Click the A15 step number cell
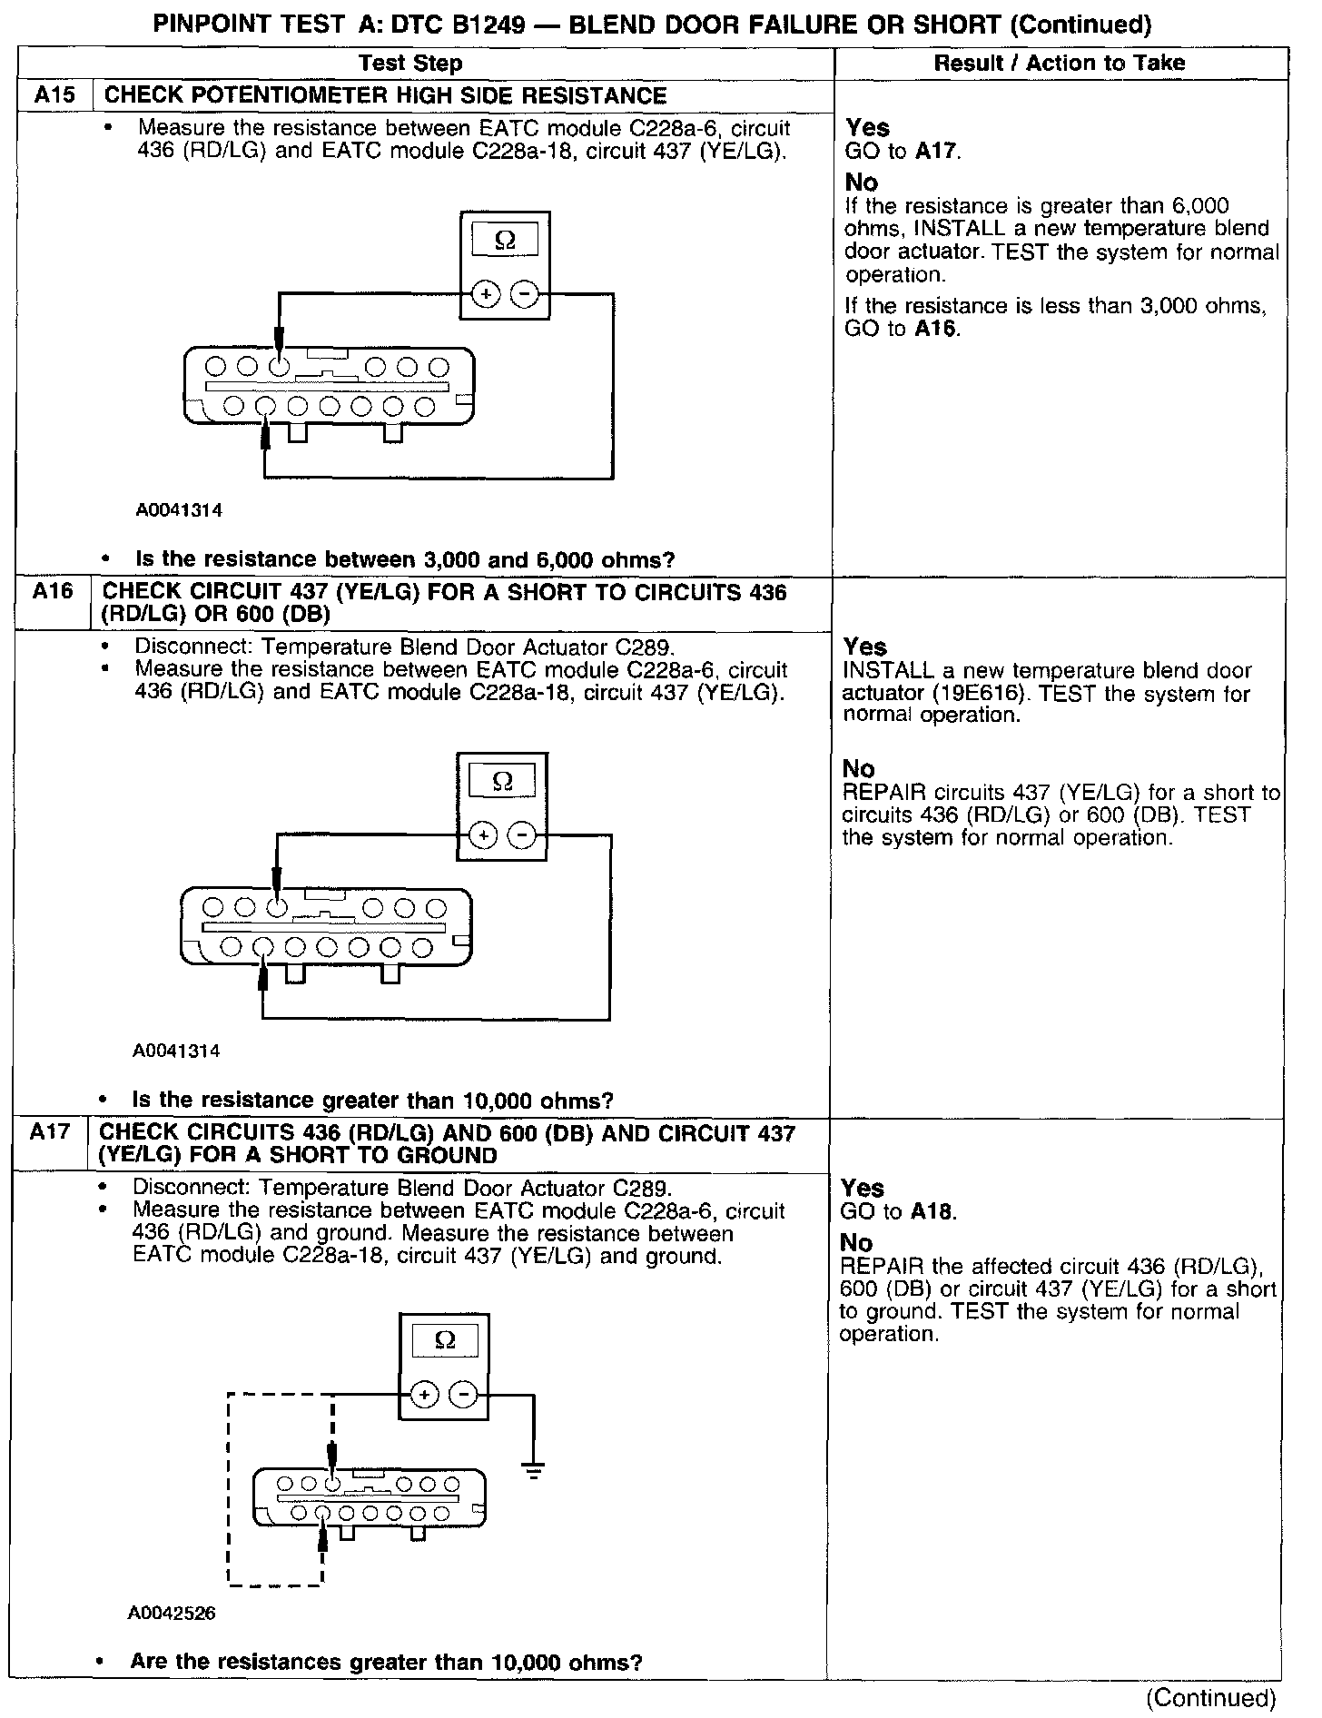[54, 95]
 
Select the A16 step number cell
[52, 592]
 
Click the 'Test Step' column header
[410, 63]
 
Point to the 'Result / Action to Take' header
[1059, 63]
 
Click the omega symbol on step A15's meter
[505, 241]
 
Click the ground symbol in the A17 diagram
[533, 1470]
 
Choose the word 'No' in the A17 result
[856, 1242]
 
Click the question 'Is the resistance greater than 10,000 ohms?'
[372, 1101]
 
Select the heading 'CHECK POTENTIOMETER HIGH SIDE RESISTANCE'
[386, 95]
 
